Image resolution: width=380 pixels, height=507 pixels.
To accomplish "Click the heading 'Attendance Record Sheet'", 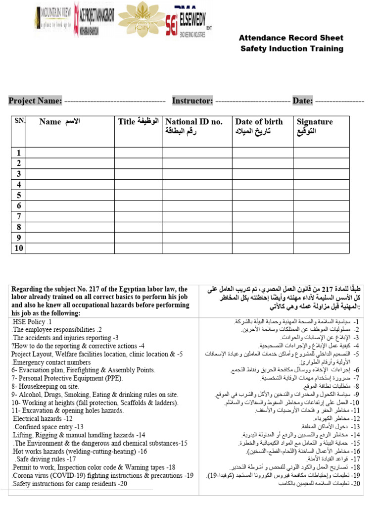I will (291, 38).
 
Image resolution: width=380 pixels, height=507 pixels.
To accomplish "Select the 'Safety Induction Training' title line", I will (291, 49).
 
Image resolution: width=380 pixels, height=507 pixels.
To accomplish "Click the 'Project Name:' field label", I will (35, 101).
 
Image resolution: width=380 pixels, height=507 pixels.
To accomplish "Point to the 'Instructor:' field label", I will (192, 101).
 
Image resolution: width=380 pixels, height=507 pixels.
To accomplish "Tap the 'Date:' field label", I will (302, 101).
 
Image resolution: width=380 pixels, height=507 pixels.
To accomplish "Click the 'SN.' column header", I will (18, 121).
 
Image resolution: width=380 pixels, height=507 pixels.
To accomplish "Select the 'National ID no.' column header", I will (194, 122).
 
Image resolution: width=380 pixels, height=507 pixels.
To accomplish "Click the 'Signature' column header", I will (315, 122).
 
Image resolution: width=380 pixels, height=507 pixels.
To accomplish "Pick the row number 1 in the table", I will (18, 153).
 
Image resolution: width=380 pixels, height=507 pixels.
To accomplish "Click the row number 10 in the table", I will (18, 248).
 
